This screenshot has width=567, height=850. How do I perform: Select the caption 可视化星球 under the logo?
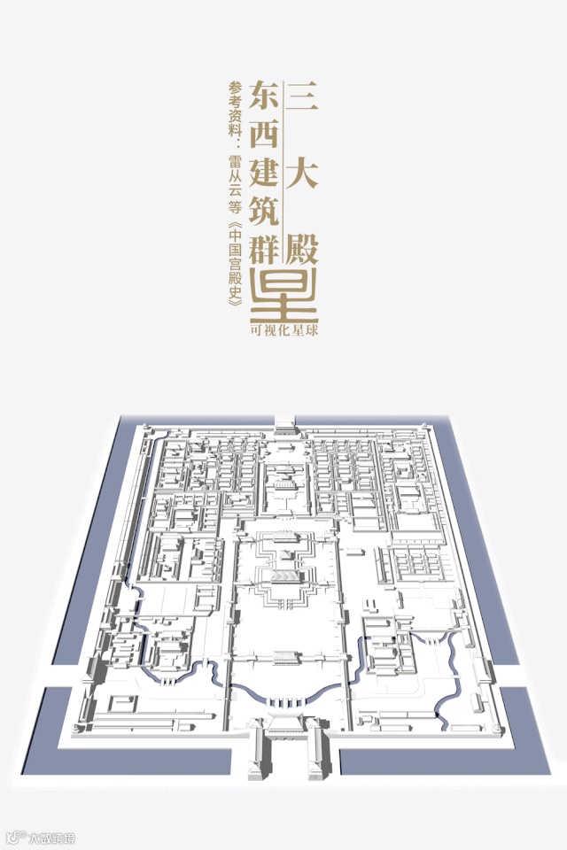283,329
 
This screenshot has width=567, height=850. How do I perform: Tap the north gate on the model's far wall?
284,426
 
